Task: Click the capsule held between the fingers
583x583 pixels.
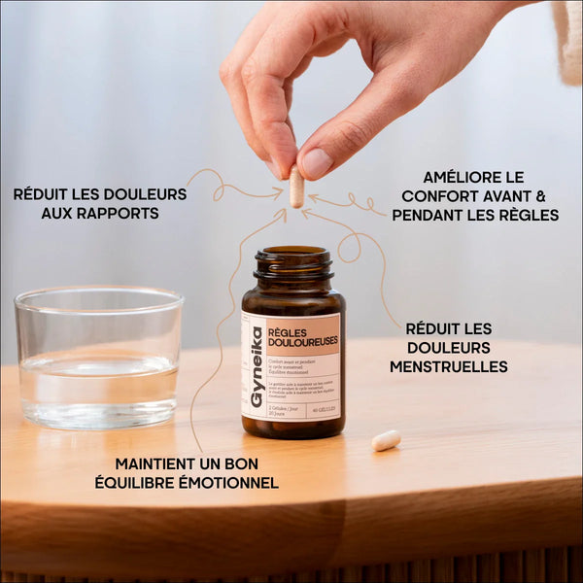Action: pos(296,187)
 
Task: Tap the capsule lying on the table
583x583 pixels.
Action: pos(386,440)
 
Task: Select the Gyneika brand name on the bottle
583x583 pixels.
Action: pos(257,367)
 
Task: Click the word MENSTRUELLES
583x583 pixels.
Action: pos(448,366)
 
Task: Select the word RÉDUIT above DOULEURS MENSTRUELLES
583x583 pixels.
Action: pos(435,328)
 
